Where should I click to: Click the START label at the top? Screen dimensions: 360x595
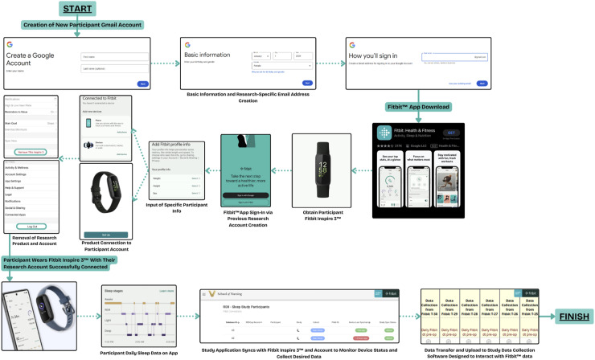pos(76,9)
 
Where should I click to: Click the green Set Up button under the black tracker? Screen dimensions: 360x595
pos(112,233)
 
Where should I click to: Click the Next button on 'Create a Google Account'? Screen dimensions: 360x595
pos(143,83)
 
